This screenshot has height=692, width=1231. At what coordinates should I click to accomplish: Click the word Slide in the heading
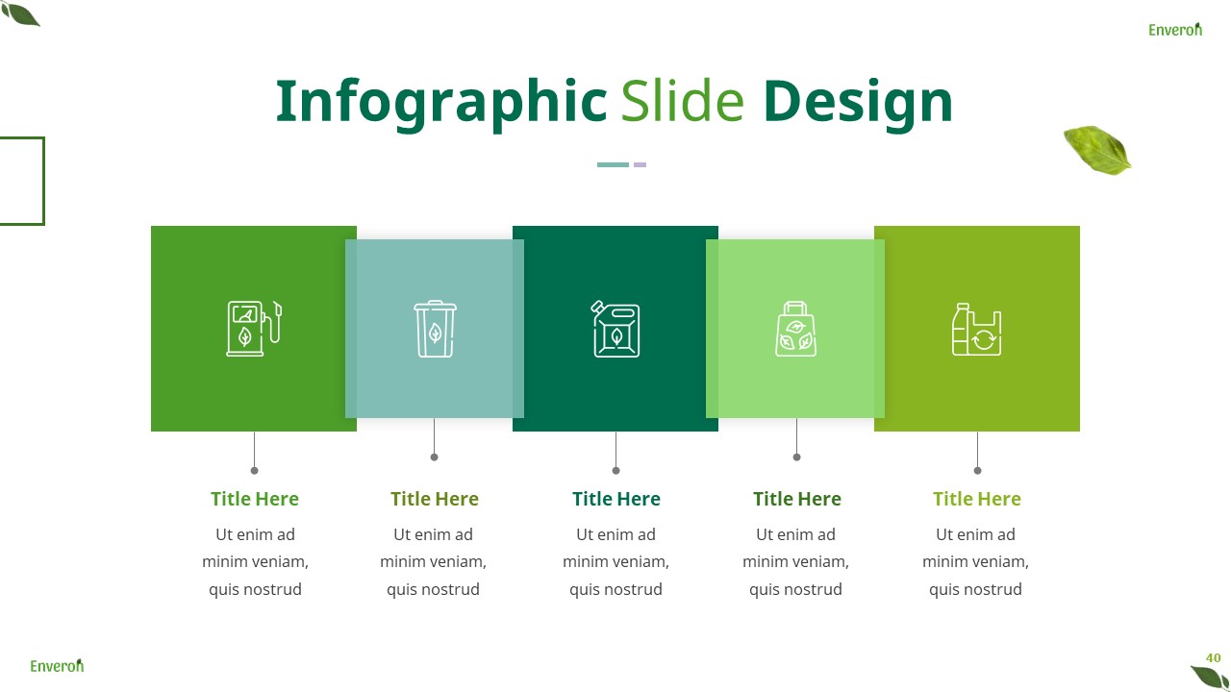tap(682, 102)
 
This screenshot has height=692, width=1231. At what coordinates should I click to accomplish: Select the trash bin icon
tap(435, 329)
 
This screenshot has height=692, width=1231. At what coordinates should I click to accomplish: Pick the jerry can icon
tap(615, 329)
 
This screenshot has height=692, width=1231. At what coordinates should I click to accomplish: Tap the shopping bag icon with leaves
tap(795, 329)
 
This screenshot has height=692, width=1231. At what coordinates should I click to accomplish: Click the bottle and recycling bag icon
tap(976, 330)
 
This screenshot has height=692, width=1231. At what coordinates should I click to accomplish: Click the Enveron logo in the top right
tap(1174, 30)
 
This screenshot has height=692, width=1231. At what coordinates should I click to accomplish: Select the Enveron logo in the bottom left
tap(57, 665)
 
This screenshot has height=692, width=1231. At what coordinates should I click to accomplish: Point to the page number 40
tap(1213, 658)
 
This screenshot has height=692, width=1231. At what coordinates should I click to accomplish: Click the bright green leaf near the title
tap(1097, 150)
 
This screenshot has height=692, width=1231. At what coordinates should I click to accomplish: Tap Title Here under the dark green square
tap(615, 499)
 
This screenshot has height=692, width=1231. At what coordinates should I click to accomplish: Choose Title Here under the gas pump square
tap(255, 499)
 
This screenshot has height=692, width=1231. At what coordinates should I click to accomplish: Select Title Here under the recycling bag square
tap(976, 499)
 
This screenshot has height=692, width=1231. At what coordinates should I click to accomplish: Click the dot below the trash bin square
tap(434, 457)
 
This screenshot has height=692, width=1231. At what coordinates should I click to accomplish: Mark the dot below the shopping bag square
tap(796, 457)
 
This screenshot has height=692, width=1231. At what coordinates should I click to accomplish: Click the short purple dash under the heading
tap(640, 164)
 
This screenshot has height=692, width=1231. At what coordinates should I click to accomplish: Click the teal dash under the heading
tap(613, 164)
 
